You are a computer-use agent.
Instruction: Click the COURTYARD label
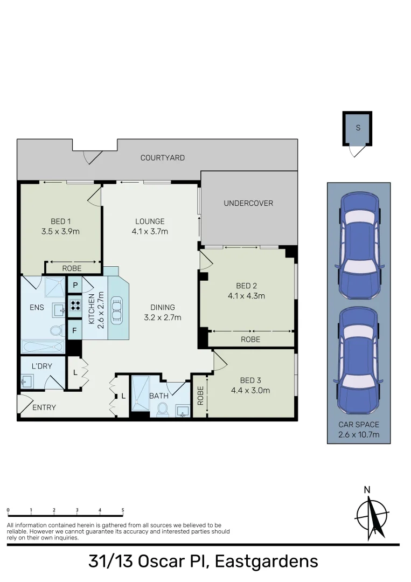pyautogui.click(x=162, y=158)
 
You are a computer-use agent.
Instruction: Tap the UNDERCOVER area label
pyautogui.click(x=248, y=203)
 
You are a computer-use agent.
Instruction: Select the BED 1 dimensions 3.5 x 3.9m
pyautogui.click(x=60, y=232)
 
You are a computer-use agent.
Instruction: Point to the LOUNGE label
pyautogui.click(x=150, y=221)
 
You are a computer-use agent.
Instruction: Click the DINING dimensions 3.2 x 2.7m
pyautogui.click(x=163, y=317)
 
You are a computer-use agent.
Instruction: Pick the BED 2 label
pyautogui.click(x=247, y=286)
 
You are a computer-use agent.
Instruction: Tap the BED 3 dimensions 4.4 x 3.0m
pyautogui.click(x=250, y=391)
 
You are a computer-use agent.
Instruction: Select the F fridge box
pyautogui.click(x=74, y=329)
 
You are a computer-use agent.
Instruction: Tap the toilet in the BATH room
pyautogui.click(x=162, y=411)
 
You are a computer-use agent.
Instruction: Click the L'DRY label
pyautogui.click(x=41, y=366)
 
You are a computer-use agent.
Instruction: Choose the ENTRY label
pyautogui.click(x=44, y=407)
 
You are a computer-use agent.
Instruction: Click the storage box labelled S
pyautogui.click(x=358, y=128)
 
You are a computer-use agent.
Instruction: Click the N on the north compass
pyautogui.click(x=367, y=490)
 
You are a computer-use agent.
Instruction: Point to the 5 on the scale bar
pyautogui.click(x=123, y=510)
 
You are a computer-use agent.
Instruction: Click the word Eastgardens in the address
pyautogui.click(x=266, y=562)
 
